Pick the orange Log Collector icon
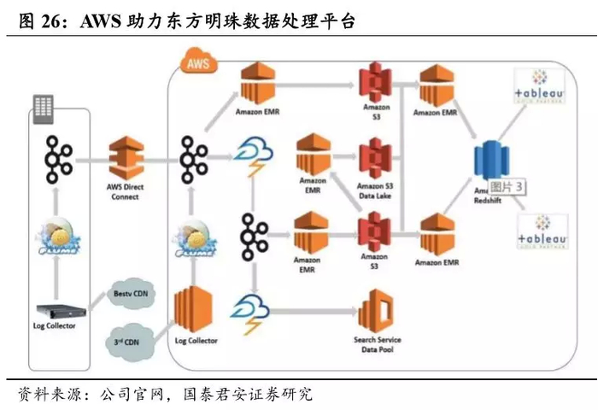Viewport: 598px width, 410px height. (x=195, y=310)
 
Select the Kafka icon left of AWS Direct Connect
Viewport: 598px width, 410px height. (x=58, y=160)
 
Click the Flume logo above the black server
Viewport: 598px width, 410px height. (x=59, y=237)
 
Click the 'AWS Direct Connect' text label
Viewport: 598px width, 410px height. (x=126, y=191)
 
